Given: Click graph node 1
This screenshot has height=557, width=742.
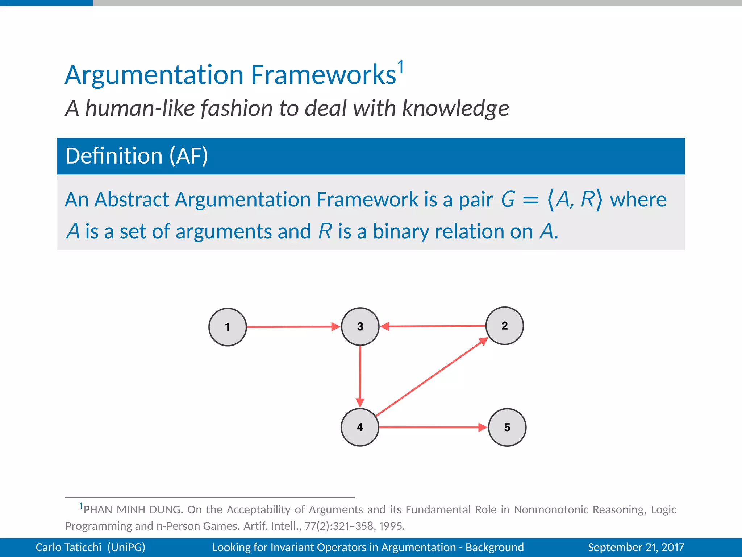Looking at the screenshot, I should tap(228, 327).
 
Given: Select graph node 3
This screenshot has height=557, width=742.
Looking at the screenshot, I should tap(360, 326).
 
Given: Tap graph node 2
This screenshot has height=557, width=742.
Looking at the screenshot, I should tap(504, 326).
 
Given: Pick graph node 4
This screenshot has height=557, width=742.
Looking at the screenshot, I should tap(360, 427).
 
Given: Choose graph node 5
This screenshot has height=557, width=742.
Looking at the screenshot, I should tap(507, 427).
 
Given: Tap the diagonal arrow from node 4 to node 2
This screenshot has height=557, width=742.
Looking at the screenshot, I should tap(431, 377).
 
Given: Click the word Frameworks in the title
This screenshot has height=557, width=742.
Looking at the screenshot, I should tap(323, 75).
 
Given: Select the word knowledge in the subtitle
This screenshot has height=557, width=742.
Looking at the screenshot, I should tap(455, 108).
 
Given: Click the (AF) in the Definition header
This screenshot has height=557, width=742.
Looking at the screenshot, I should tap(189, 156).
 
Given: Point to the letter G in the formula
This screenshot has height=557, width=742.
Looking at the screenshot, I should tap(508, 199).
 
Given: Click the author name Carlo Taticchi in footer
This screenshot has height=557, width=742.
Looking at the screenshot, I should tap(68, 547).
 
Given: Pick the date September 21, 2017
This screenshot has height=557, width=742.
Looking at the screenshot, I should tap(636, 547).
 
